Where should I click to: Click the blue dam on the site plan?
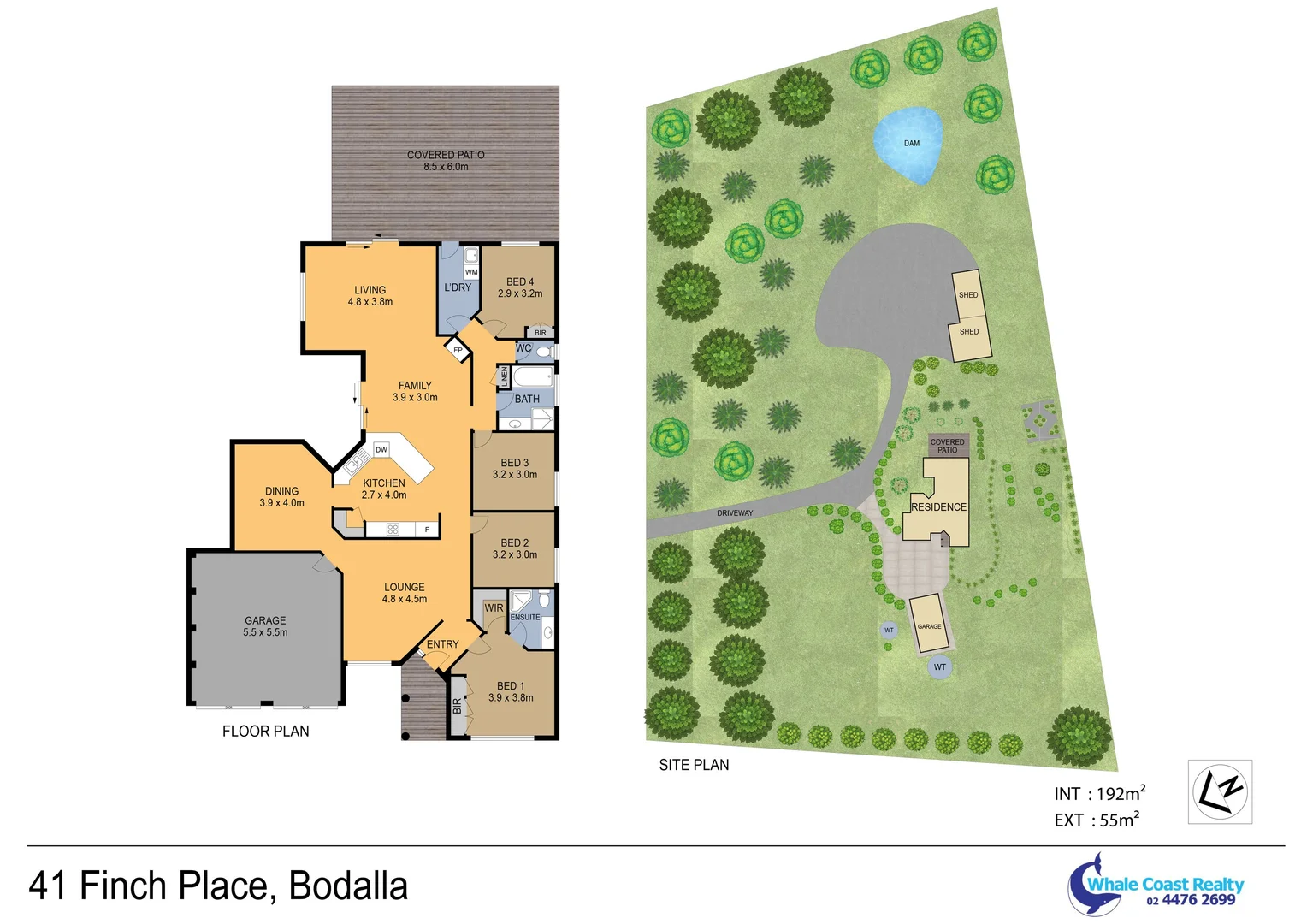(909, 144)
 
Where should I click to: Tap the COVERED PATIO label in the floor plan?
(446, 160)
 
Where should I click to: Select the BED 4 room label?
(520, 287)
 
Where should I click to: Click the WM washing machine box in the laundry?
(471, 272)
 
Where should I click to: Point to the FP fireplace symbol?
(458, 350)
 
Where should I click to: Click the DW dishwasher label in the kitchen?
(381, 449)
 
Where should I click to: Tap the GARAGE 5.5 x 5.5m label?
(265, 626)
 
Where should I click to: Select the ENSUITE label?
(525, 617)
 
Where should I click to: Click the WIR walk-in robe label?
(494, 607)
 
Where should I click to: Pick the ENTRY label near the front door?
(443, 644)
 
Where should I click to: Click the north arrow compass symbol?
(1220, 791)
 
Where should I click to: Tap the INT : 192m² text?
(1099, 794)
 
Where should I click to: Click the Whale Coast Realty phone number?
(1191, 900)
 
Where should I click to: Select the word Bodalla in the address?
(348, 885)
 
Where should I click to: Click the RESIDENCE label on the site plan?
(938, 506)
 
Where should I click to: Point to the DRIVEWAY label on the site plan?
(735, 513)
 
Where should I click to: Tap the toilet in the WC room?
(544, 351)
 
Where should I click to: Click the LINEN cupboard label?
(505, 376)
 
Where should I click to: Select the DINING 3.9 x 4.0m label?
(282, 497)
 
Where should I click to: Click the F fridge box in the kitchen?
(427, 530)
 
